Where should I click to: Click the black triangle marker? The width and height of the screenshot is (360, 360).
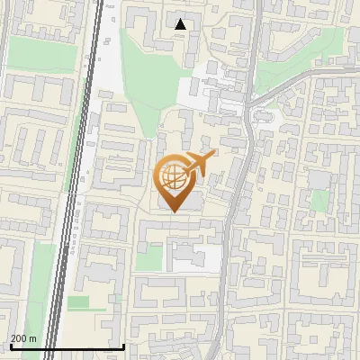coord(181,24)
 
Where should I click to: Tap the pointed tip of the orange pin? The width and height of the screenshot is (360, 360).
coord(173,211)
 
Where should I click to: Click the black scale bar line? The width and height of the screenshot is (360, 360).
coord(67,346)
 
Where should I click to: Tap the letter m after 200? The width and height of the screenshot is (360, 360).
coord(34,338)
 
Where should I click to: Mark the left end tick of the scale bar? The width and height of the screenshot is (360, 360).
coord(10,345)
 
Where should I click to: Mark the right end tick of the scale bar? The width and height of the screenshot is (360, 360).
coord(124,345)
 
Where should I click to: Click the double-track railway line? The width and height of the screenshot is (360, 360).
coord(80,180)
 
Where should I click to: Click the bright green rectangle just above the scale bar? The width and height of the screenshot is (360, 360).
coord(79,302)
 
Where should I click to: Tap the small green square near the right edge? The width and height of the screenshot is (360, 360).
coord(320,200)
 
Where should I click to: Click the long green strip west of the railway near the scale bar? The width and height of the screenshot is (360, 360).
coord(36,297)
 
